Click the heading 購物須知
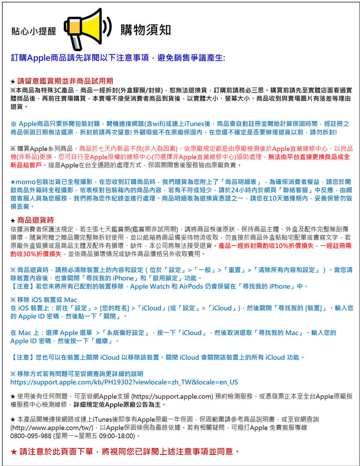145,30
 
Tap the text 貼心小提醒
34,31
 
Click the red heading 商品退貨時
35,220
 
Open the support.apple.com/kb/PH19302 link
124,382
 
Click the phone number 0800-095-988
31,436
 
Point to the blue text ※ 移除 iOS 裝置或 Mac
44,300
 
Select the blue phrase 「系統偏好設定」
126,333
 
